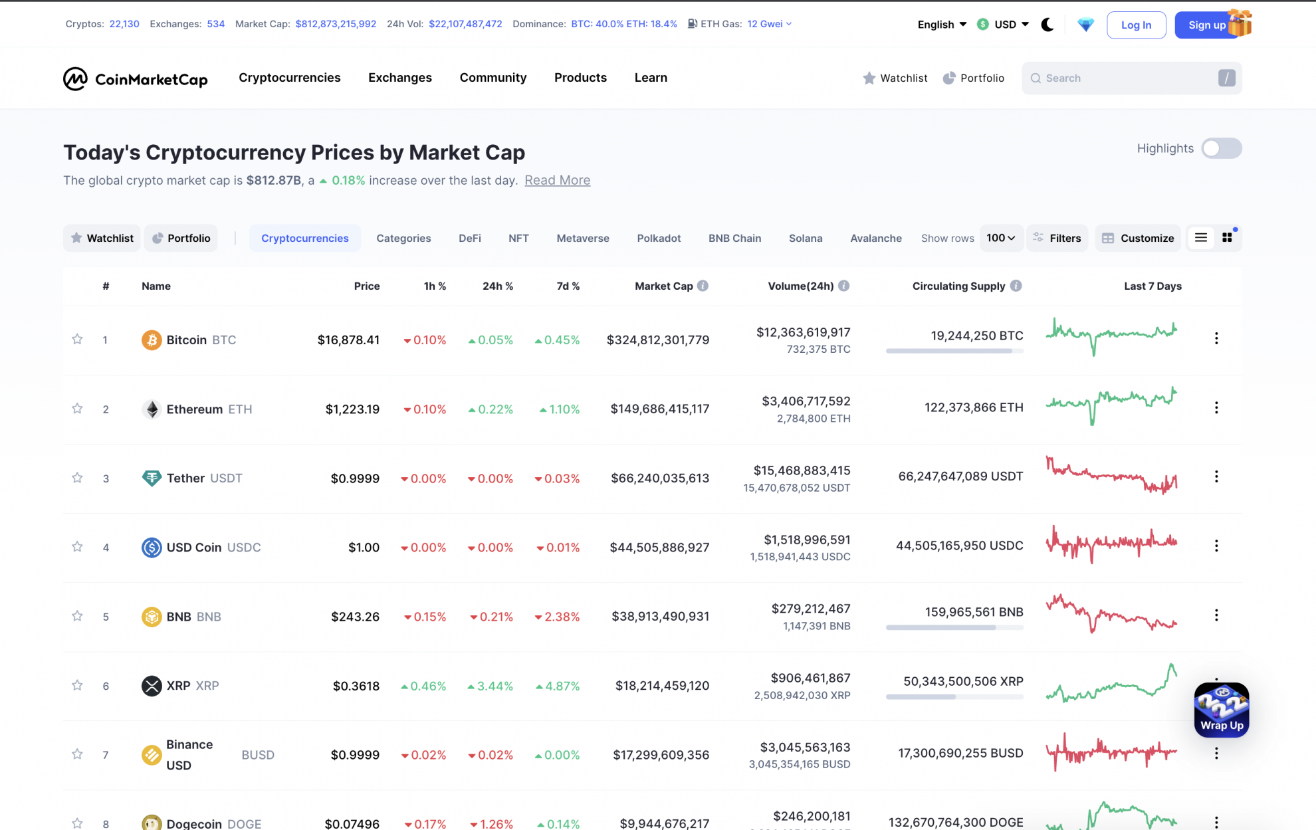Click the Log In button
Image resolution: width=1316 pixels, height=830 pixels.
click(x=1136, y=25)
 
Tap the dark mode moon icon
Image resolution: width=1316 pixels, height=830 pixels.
click(x=1047, y=25)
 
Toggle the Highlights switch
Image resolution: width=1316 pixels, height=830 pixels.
click(x=1221, y=148)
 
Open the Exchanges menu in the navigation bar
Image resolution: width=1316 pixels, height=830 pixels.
click(x=399, y=78)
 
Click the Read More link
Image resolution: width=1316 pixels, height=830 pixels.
click(x=557, y=180)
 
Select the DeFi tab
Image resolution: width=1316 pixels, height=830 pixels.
click(x=469, y=238)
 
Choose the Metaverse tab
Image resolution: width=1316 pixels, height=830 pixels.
click(x=582, y=238)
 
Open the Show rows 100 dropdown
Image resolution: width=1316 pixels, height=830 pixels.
click(x=1000, y=238)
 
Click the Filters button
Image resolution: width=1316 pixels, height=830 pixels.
click(x=1057, y=238)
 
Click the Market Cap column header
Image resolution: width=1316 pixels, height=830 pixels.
click(x=663, y=286)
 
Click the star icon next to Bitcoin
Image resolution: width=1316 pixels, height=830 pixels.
click(x=77, y=340)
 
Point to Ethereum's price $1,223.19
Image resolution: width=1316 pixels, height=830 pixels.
click(x=352, y=409)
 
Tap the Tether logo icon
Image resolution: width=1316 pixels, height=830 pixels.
click(x=152, y=478)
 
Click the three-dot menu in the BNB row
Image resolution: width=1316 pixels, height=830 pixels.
click(x=1216, y=615)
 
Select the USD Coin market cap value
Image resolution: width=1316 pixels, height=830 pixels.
click(x=659, y=548)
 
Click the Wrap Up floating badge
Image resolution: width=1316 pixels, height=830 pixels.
click(x=1221, y=710)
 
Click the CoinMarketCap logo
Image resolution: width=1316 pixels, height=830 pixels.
click(x=135, y=79)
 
